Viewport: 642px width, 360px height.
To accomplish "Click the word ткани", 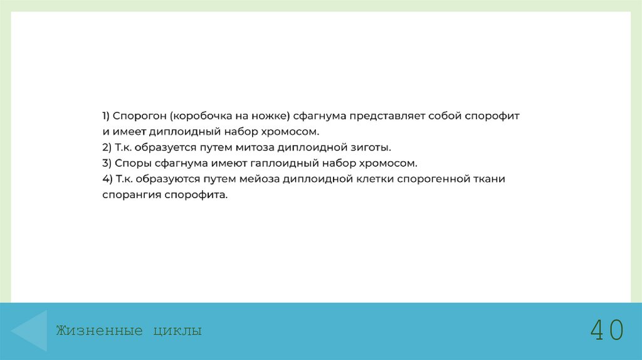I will (x=490, y=179).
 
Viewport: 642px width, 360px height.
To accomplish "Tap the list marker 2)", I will (x=108, y=147).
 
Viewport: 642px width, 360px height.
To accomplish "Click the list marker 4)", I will (x=108, y=179).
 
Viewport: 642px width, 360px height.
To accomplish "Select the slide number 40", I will (x=607, y=330).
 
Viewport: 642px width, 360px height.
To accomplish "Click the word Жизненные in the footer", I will (x=100, y=331).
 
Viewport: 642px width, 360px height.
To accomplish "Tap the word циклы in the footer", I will (x=177, y=331).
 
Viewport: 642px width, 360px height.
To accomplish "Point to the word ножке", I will (x=268, y=116).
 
